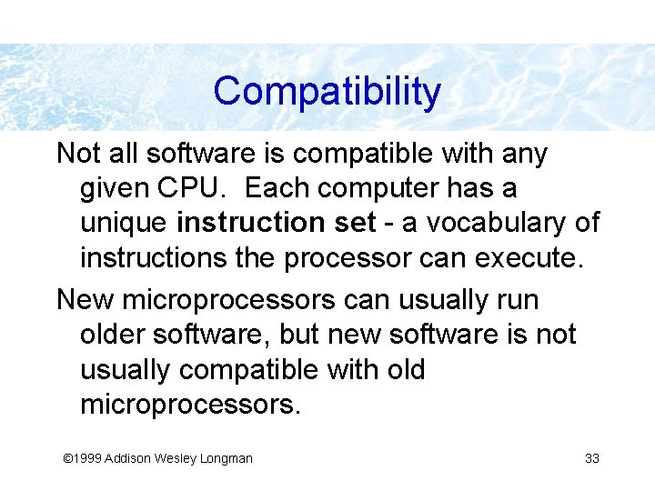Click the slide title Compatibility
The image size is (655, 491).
click(327, 92)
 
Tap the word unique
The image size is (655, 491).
click(124, 223)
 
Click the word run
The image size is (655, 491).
click(518, 299)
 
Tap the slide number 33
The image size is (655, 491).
click(591, 458)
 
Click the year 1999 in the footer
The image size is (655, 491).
click(87, 458)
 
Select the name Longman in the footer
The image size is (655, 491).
click(226, 458)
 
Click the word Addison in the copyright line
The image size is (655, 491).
click(127, 458)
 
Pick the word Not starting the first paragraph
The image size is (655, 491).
click(76, 154)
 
